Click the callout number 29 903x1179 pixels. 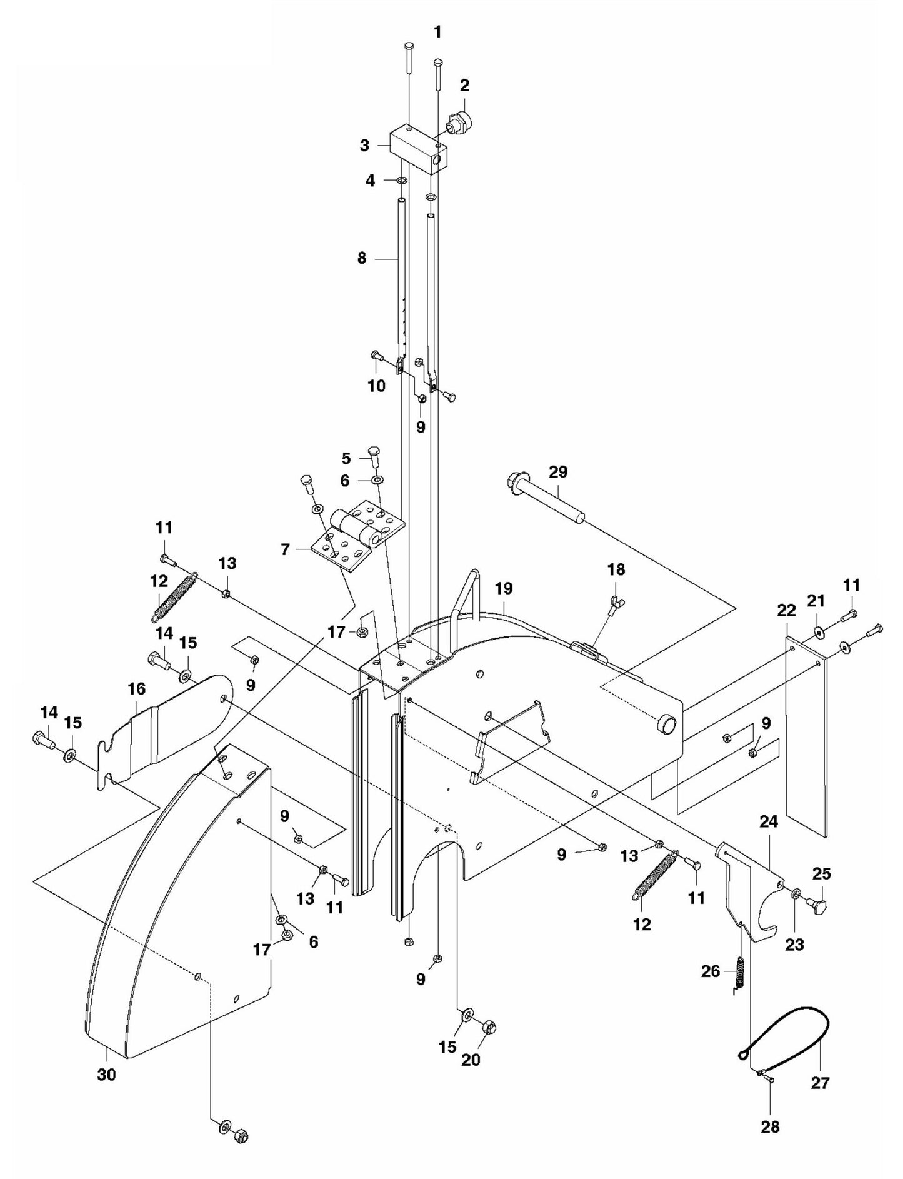(x=558, y=472)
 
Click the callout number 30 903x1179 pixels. (x=106, y=1075)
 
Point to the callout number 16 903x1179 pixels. (x=136, y=689)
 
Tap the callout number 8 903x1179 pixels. (x=362, y=258)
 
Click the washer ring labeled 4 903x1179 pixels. (x=402, y=181)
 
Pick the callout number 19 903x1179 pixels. (x=503, y=588)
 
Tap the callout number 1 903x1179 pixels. (x=437, y=32)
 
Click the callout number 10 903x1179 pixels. (x=376, y=386)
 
